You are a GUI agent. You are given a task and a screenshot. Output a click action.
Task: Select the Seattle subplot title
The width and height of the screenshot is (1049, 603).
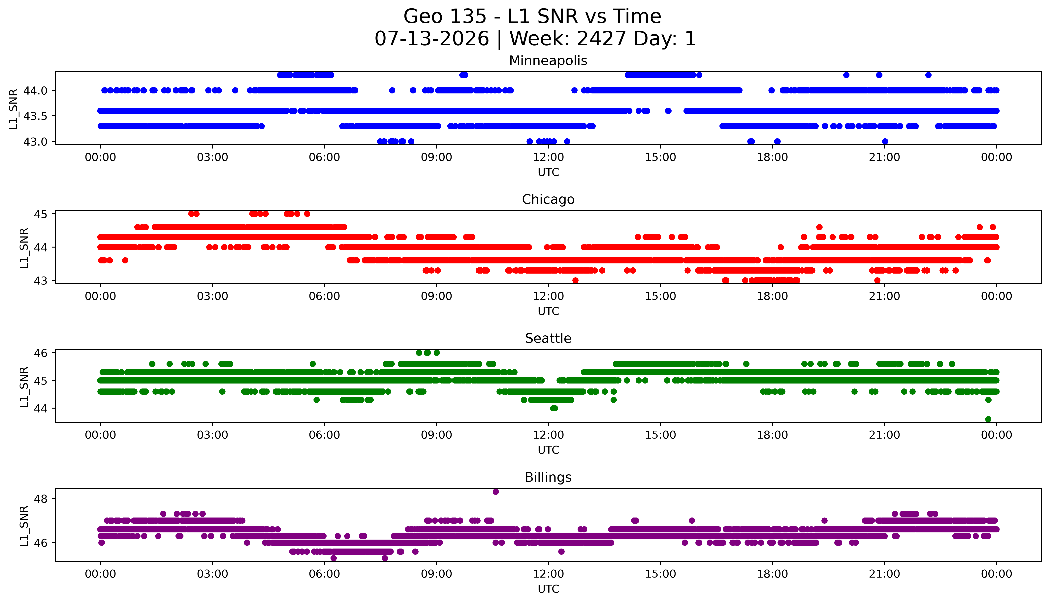(x=548, y=338)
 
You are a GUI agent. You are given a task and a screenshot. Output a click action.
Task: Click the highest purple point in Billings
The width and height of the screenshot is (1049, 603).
(x=495, y=492)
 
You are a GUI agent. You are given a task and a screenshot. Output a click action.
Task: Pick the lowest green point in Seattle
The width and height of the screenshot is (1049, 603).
(x=988, y=419)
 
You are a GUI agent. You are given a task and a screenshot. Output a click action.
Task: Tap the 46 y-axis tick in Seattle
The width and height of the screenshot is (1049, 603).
(x=42, y=353)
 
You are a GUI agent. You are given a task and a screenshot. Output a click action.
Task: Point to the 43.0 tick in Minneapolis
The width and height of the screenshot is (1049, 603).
(x=36, y=142)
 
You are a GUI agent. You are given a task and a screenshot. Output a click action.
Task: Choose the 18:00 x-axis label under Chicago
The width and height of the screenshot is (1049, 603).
(x=773, y=296)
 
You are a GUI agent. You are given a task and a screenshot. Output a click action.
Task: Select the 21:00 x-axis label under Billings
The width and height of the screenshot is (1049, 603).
(x=884, y=574)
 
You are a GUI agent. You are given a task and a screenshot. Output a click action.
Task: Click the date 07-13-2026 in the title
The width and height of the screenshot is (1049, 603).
(x=432, y=39)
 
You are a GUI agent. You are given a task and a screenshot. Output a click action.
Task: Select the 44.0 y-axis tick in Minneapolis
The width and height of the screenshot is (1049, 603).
(x=36, y=90)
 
